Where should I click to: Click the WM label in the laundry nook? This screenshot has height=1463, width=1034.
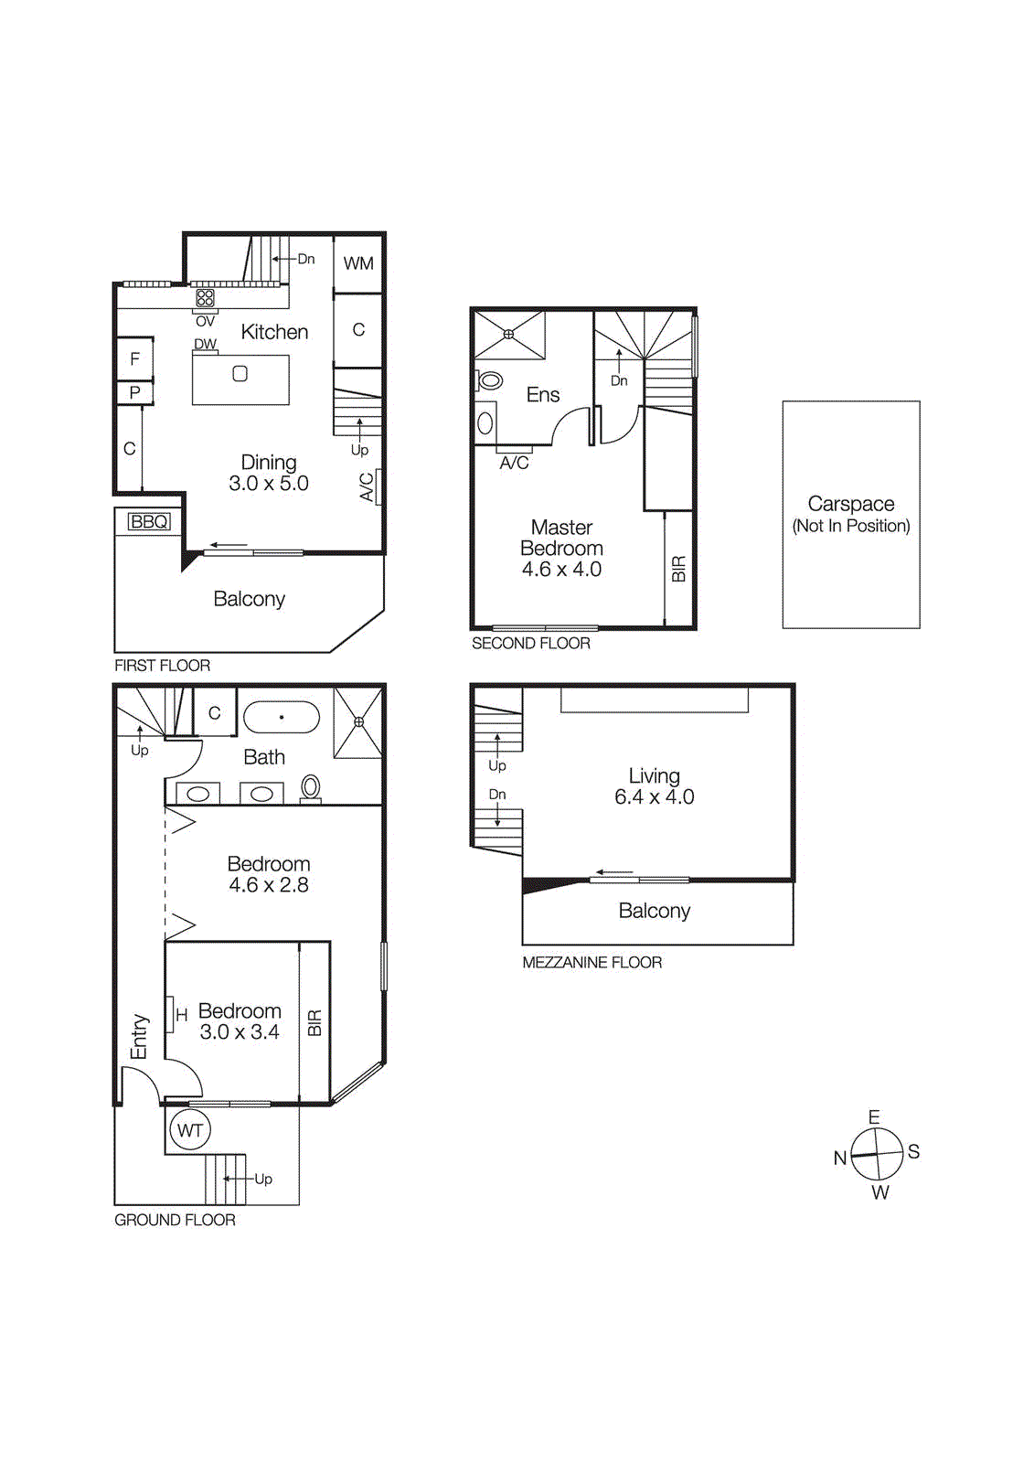point(358,263)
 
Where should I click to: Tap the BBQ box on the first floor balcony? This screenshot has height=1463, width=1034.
point(149,521)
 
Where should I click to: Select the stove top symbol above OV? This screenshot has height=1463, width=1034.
point(205,298)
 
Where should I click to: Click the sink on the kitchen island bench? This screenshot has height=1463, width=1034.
point(240,373)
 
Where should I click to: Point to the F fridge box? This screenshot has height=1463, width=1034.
point(134,359)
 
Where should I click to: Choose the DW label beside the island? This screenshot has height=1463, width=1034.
point(205,345)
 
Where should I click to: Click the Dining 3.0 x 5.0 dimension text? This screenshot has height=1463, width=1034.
point(269,484)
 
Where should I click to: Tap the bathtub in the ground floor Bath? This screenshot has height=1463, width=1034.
point(282,718)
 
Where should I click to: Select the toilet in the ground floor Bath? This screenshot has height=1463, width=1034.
point(311,787)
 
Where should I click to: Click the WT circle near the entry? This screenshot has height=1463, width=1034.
point(190,1130)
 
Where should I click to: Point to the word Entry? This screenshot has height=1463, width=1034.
point(139,1036)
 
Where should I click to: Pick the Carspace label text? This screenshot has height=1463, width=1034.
point(851,504)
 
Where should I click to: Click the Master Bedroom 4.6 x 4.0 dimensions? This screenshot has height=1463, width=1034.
point(561,570)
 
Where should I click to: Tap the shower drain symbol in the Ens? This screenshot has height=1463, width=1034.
point(509,335)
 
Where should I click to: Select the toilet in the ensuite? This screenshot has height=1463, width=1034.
point(490,380)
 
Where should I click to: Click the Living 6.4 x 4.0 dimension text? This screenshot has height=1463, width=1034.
point(654,797)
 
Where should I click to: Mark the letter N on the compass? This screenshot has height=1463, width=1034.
point(840,1159)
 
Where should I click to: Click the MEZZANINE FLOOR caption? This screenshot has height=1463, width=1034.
point(592,962)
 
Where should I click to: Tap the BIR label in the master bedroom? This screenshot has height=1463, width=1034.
point(678,569)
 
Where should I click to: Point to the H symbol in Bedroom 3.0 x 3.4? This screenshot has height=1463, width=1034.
point(181,1015)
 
